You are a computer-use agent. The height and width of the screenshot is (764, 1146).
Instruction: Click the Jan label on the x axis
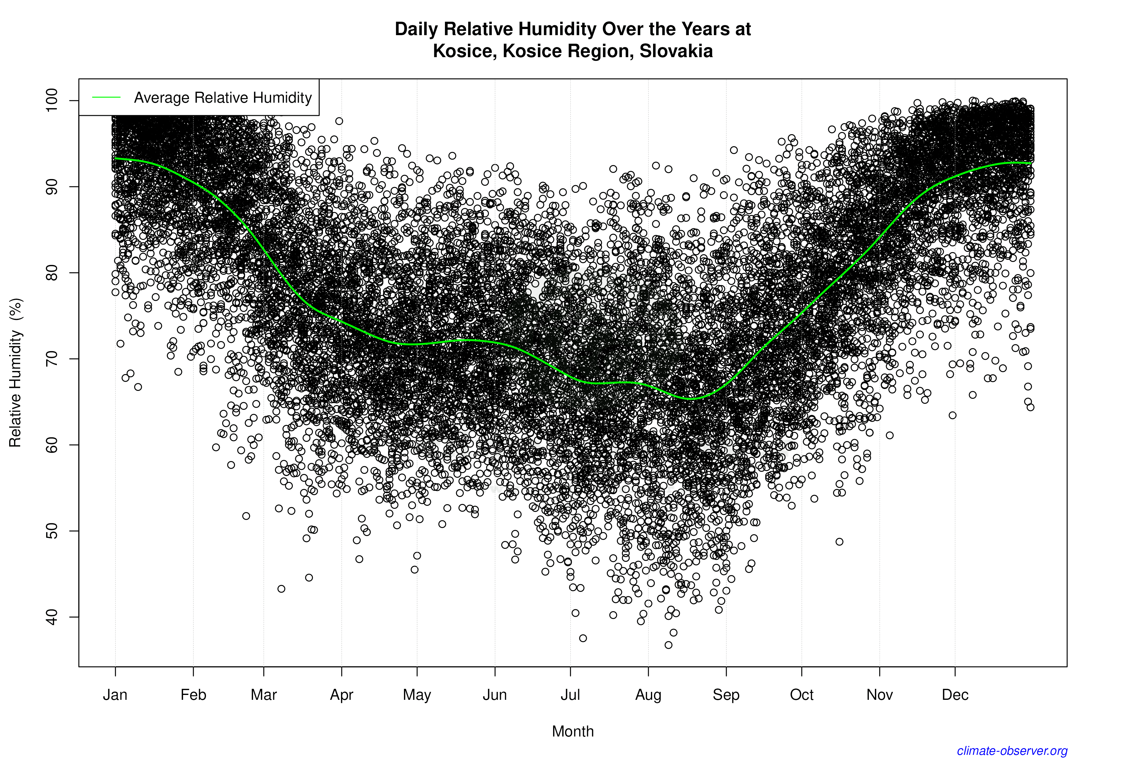pyautogui.click(x=115, y=695)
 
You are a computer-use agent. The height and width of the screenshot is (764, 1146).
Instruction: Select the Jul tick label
pyautogui.click(x=570, y=695)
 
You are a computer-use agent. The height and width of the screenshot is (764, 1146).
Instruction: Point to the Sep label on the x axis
pyautogui.click(x=726, y=695)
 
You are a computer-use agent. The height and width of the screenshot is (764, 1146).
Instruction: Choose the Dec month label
pyautogui.click(x=955, y=695)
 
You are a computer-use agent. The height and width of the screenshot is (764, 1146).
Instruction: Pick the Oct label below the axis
pyautogui.click(x=802, y=695)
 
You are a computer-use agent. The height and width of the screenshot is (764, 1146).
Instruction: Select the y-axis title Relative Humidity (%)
pyautogui.click(x=16, y=373)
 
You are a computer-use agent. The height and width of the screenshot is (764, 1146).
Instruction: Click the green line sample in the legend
pyautogui.click(x=106, y=97)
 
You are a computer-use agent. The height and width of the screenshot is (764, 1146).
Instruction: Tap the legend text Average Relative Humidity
pyautogui.click(x=223, y=97)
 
